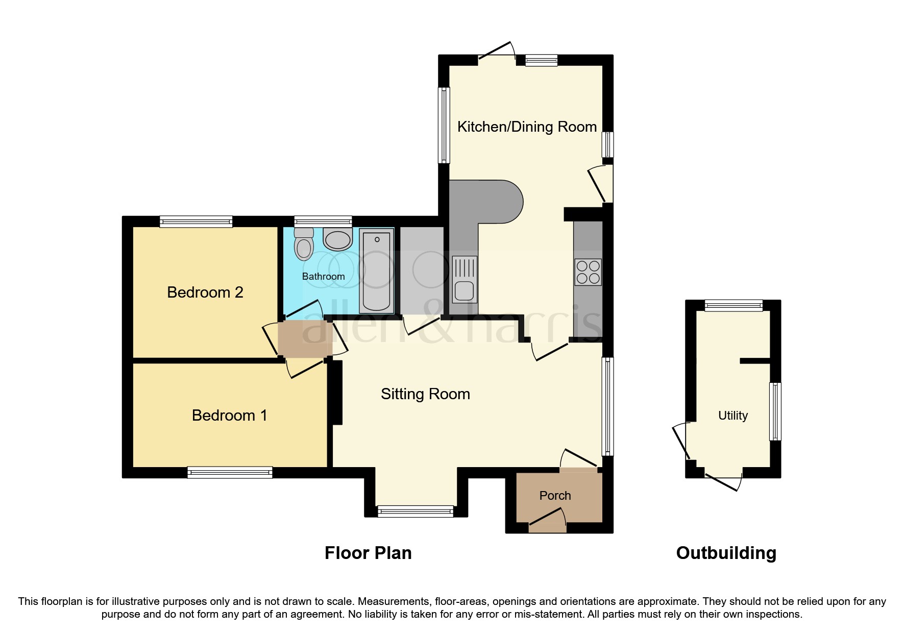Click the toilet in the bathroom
(x=304, y=246)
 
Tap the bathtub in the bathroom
(x=377, y=271)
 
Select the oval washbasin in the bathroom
(x=338, y=238)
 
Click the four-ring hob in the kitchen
(x=588, y=272)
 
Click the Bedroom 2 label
(x=205, y=293)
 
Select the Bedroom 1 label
(x=229, y=416)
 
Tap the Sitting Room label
(x=425, y=394)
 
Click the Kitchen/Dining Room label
(x=527, y=127)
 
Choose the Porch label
(x=555, y=496)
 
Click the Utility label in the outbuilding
(x=732, y=416)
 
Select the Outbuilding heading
(x=726, y=553)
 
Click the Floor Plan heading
(x=368, y=553)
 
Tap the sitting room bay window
(x=415, y=511)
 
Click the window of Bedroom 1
(x=230, y=472)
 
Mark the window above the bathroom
(x=323, y=222)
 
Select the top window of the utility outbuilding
(x=734, y=306)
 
